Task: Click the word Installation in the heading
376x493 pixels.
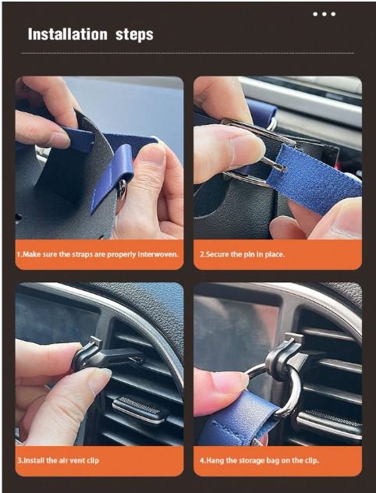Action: [68, 34]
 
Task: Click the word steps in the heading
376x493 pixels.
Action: [134, 35]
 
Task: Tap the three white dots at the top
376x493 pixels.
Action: [325, 14]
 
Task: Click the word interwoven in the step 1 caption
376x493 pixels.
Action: [158, 254]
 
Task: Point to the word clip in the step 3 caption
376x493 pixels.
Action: [92, 460]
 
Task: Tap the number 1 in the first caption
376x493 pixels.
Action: [18, 254]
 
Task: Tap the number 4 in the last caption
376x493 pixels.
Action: [202, 461]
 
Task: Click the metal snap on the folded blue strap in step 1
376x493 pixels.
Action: [122, 189]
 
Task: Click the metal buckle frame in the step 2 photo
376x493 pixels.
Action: [251, 151]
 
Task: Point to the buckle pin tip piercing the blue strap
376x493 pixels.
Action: [282, 168]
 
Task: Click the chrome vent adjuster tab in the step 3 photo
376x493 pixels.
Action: [138, 408]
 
